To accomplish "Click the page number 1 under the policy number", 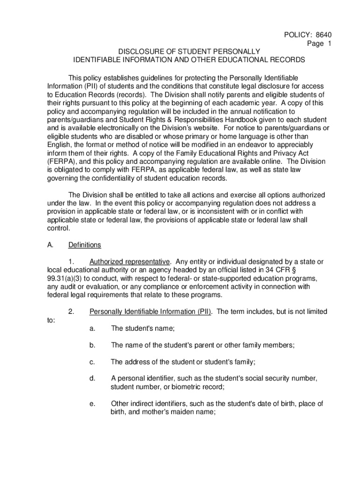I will pos(330,44).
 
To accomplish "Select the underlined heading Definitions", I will pos(84,245).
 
